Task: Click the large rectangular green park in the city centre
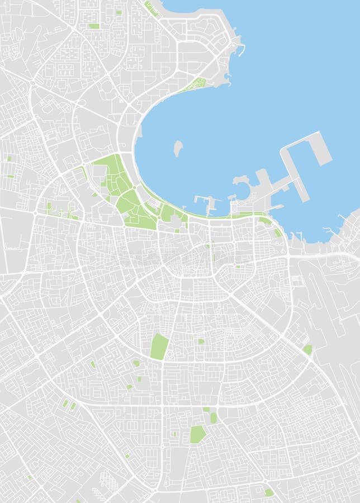click(x=159, y=347)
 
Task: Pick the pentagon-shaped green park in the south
click(x=197, y=434)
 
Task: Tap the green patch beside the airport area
click(x=307, y=350)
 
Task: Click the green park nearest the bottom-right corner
click(x=269, y=492)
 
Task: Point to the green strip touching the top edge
click(x=150, y=8)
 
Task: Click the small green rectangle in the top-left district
click(x=94, y=26)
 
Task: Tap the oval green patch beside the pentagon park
click(x=214, y=417)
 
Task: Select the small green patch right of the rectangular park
click(x=201, y=341)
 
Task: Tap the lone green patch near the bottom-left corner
click(x=29, y=477)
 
